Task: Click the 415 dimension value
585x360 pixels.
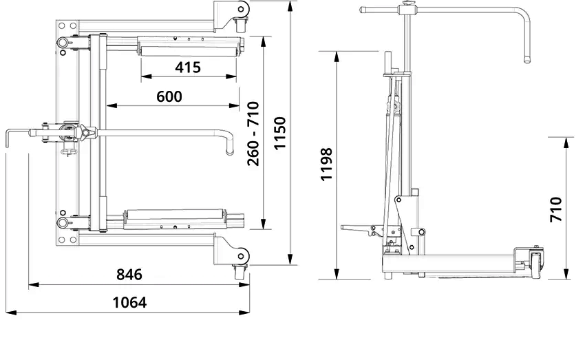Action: click(x=188, y=67)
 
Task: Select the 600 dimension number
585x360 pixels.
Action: click(x=169, y=96)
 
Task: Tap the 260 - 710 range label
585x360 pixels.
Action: click(x=253, y=133)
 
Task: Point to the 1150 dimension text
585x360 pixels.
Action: click(x=280, y=133)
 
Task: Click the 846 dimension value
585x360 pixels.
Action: click(x=129, y=275)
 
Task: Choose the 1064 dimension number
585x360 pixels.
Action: click(x=129, y=302)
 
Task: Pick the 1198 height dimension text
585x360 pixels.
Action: click(x=326, y=164)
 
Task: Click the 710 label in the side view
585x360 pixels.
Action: click(x=556, y=209)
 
